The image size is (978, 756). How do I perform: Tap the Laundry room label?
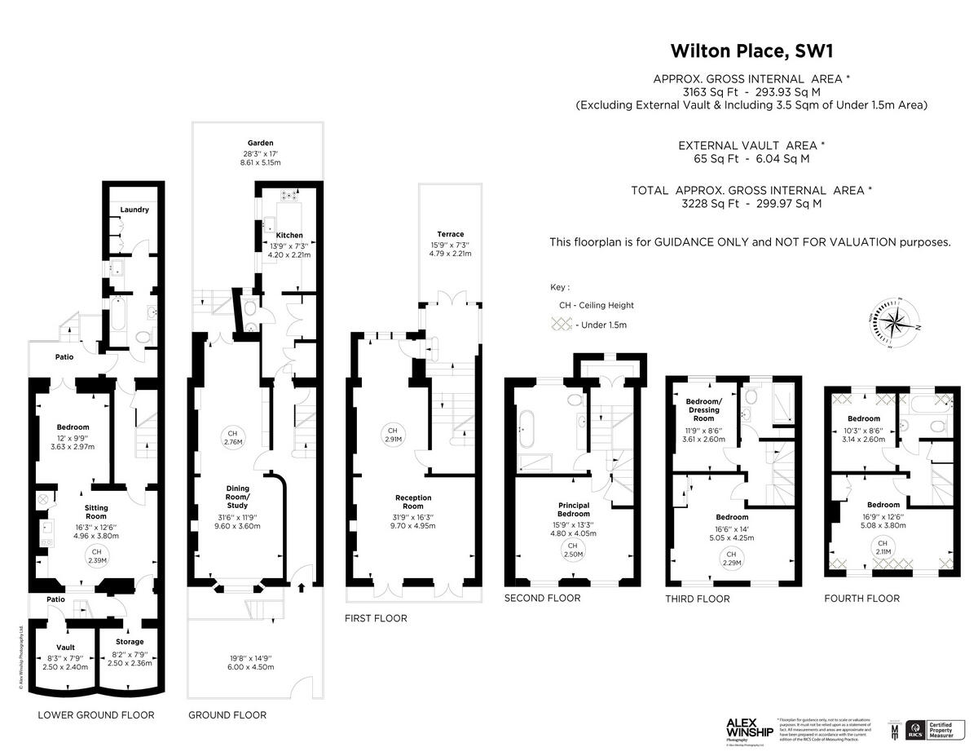[x=134, y=210]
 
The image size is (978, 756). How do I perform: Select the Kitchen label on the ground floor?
[x=289, y=235]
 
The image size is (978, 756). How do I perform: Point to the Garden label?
[x=261, y=143]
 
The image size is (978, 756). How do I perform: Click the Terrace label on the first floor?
[x=450, y=234]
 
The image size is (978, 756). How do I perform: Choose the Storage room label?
[x=130, y=642]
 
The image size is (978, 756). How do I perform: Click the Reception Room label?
[x=413, y=502]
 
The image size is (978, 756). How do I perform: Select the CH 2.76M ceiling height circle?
[x=232, y=437]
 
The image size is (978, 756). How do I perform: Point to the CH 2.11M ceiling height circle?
[x=882, y=547]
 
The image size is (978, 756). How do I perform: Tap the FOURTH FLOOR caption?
[x=861, y=599]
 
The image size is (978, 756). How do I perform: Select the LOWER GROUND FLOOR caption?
[x=96, y=715]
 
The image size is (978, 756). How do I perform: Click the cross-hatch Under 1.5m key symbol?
[x=560, y=325]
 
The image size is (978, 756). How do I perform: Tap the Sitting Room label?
[x=96, y=511]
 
